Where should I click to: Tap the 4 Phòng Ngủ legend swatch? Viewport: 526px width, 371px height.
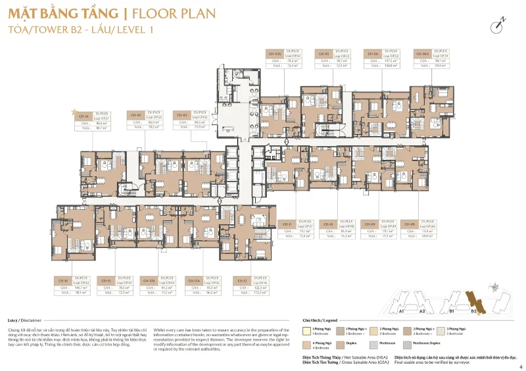(306, 343)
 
